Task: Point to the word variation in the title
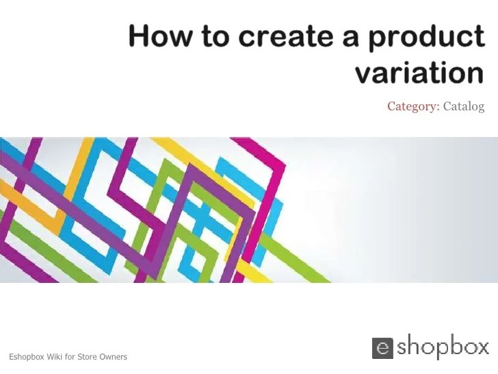pos(419,72)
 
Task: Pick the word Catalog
pos(464,106)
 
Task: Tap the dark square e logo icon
pos(383,347)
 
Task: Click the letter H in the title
pos(140,36)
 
